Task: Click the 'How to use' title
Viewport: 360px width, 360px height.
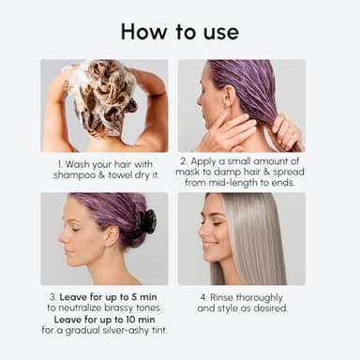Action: (x=179, y=31)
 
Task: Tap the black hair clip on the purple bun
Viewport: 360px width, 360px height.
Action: (x=143, y=223)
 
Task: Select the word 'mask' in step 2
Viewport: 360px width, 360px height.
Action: (x=203, y=182)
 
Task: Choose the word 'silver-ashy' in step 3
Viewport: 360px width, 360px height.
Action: (x=130, y=330)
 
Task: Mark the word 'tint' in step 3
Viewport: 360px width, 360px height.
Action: (x=161, y=330)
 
